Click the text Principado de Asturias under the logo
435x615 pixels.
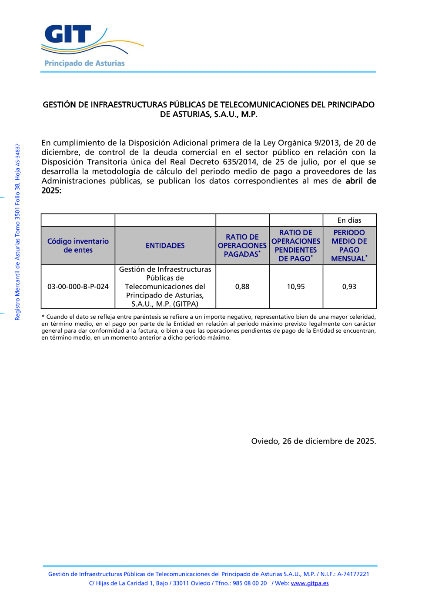click(x=84, y=64)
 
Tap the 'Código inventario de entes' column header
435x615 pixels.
click(x=78, y=246)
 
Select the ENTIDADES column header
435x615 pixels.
click(x=165, y=246)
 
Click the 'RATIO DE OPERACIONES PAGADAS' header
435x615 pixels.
click(x=242, y=246)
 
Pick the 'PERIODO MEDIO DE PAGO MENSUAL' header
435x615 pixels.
click(x=349, y=246)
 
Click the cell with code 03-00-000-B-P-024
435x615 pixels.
click(x=78, y=287)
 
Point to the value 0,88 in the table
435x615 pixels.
click(x=242, y=287)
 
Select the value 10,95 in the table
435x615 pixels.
click(x=296, y=287)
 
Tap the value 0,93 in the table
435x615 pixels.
click(x=349, y=287)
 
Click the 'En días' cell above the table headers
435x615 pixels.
click(x=349, y=221)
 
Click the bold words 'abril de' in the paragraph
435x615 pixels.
click(x=361, y=181)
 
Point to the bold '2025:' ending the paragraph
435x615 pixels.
click(x=51, y=191)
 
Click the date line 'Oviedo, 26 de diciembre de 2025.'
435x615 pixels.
click(x=313, y=441)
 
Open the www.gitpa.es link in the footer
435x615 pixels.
click(x=310, y=583)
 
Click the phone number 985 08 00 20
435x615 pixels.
click(x=250, y=583)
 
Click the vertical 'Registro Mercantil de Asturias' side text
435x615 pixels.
click(x=18, y=232)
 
